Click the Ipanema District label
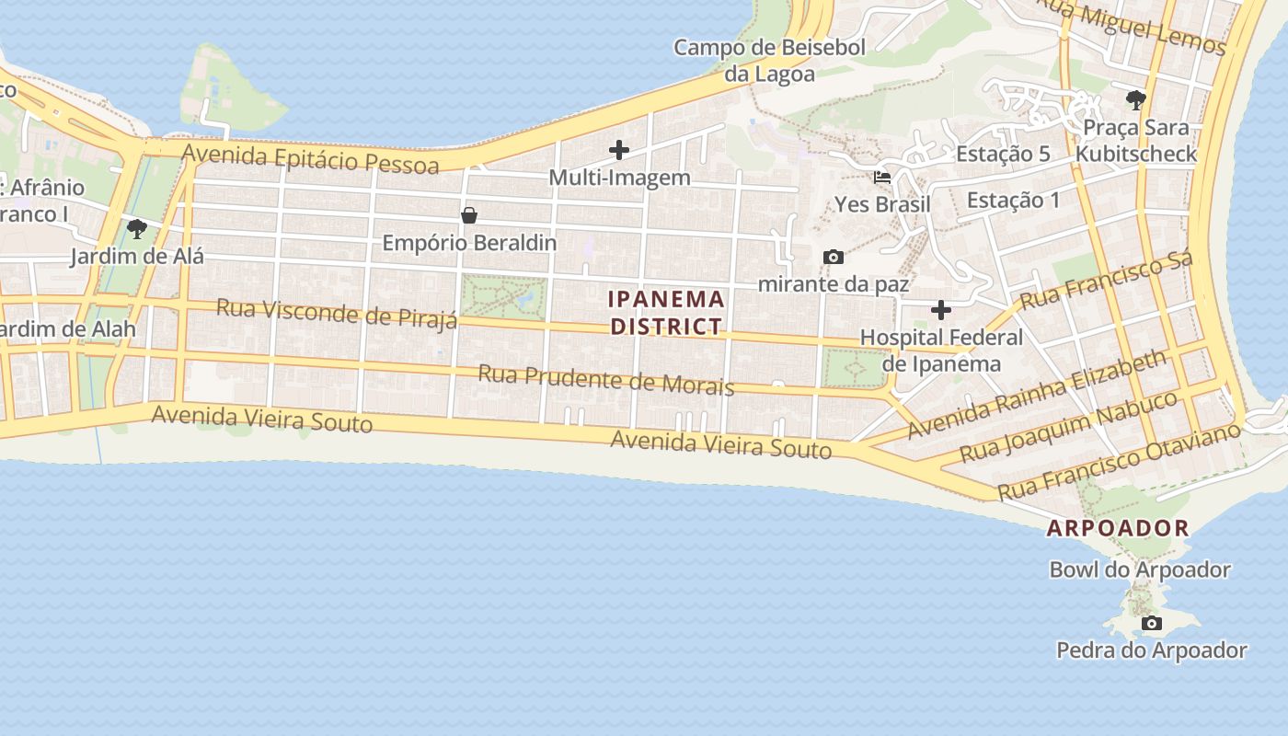[667, 313]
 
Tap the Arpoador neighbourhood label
[1118, 528]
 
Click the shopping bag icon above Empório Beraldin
[469, 215]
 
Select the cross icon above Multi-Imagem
[619, 149]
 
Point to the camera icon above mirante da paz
[834, 257]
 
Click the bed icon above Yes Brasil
[882, 177]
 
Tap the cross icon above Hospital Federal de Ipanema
[940, 310]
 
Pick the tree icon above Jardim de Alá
[137, 228]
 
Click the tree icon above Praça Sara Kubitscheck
[1136, 99]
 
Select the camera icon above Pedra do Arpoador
[1151, 624]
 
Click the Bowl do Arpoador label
[1140, 569]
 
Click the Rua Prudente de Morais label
[605, 379]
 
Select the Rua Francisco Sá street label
[1106, 280]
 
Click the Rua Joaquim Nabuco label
[1068, 426]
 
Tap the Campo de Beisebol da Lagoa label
[769, 61]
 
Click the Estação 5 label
[1003, 154]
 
